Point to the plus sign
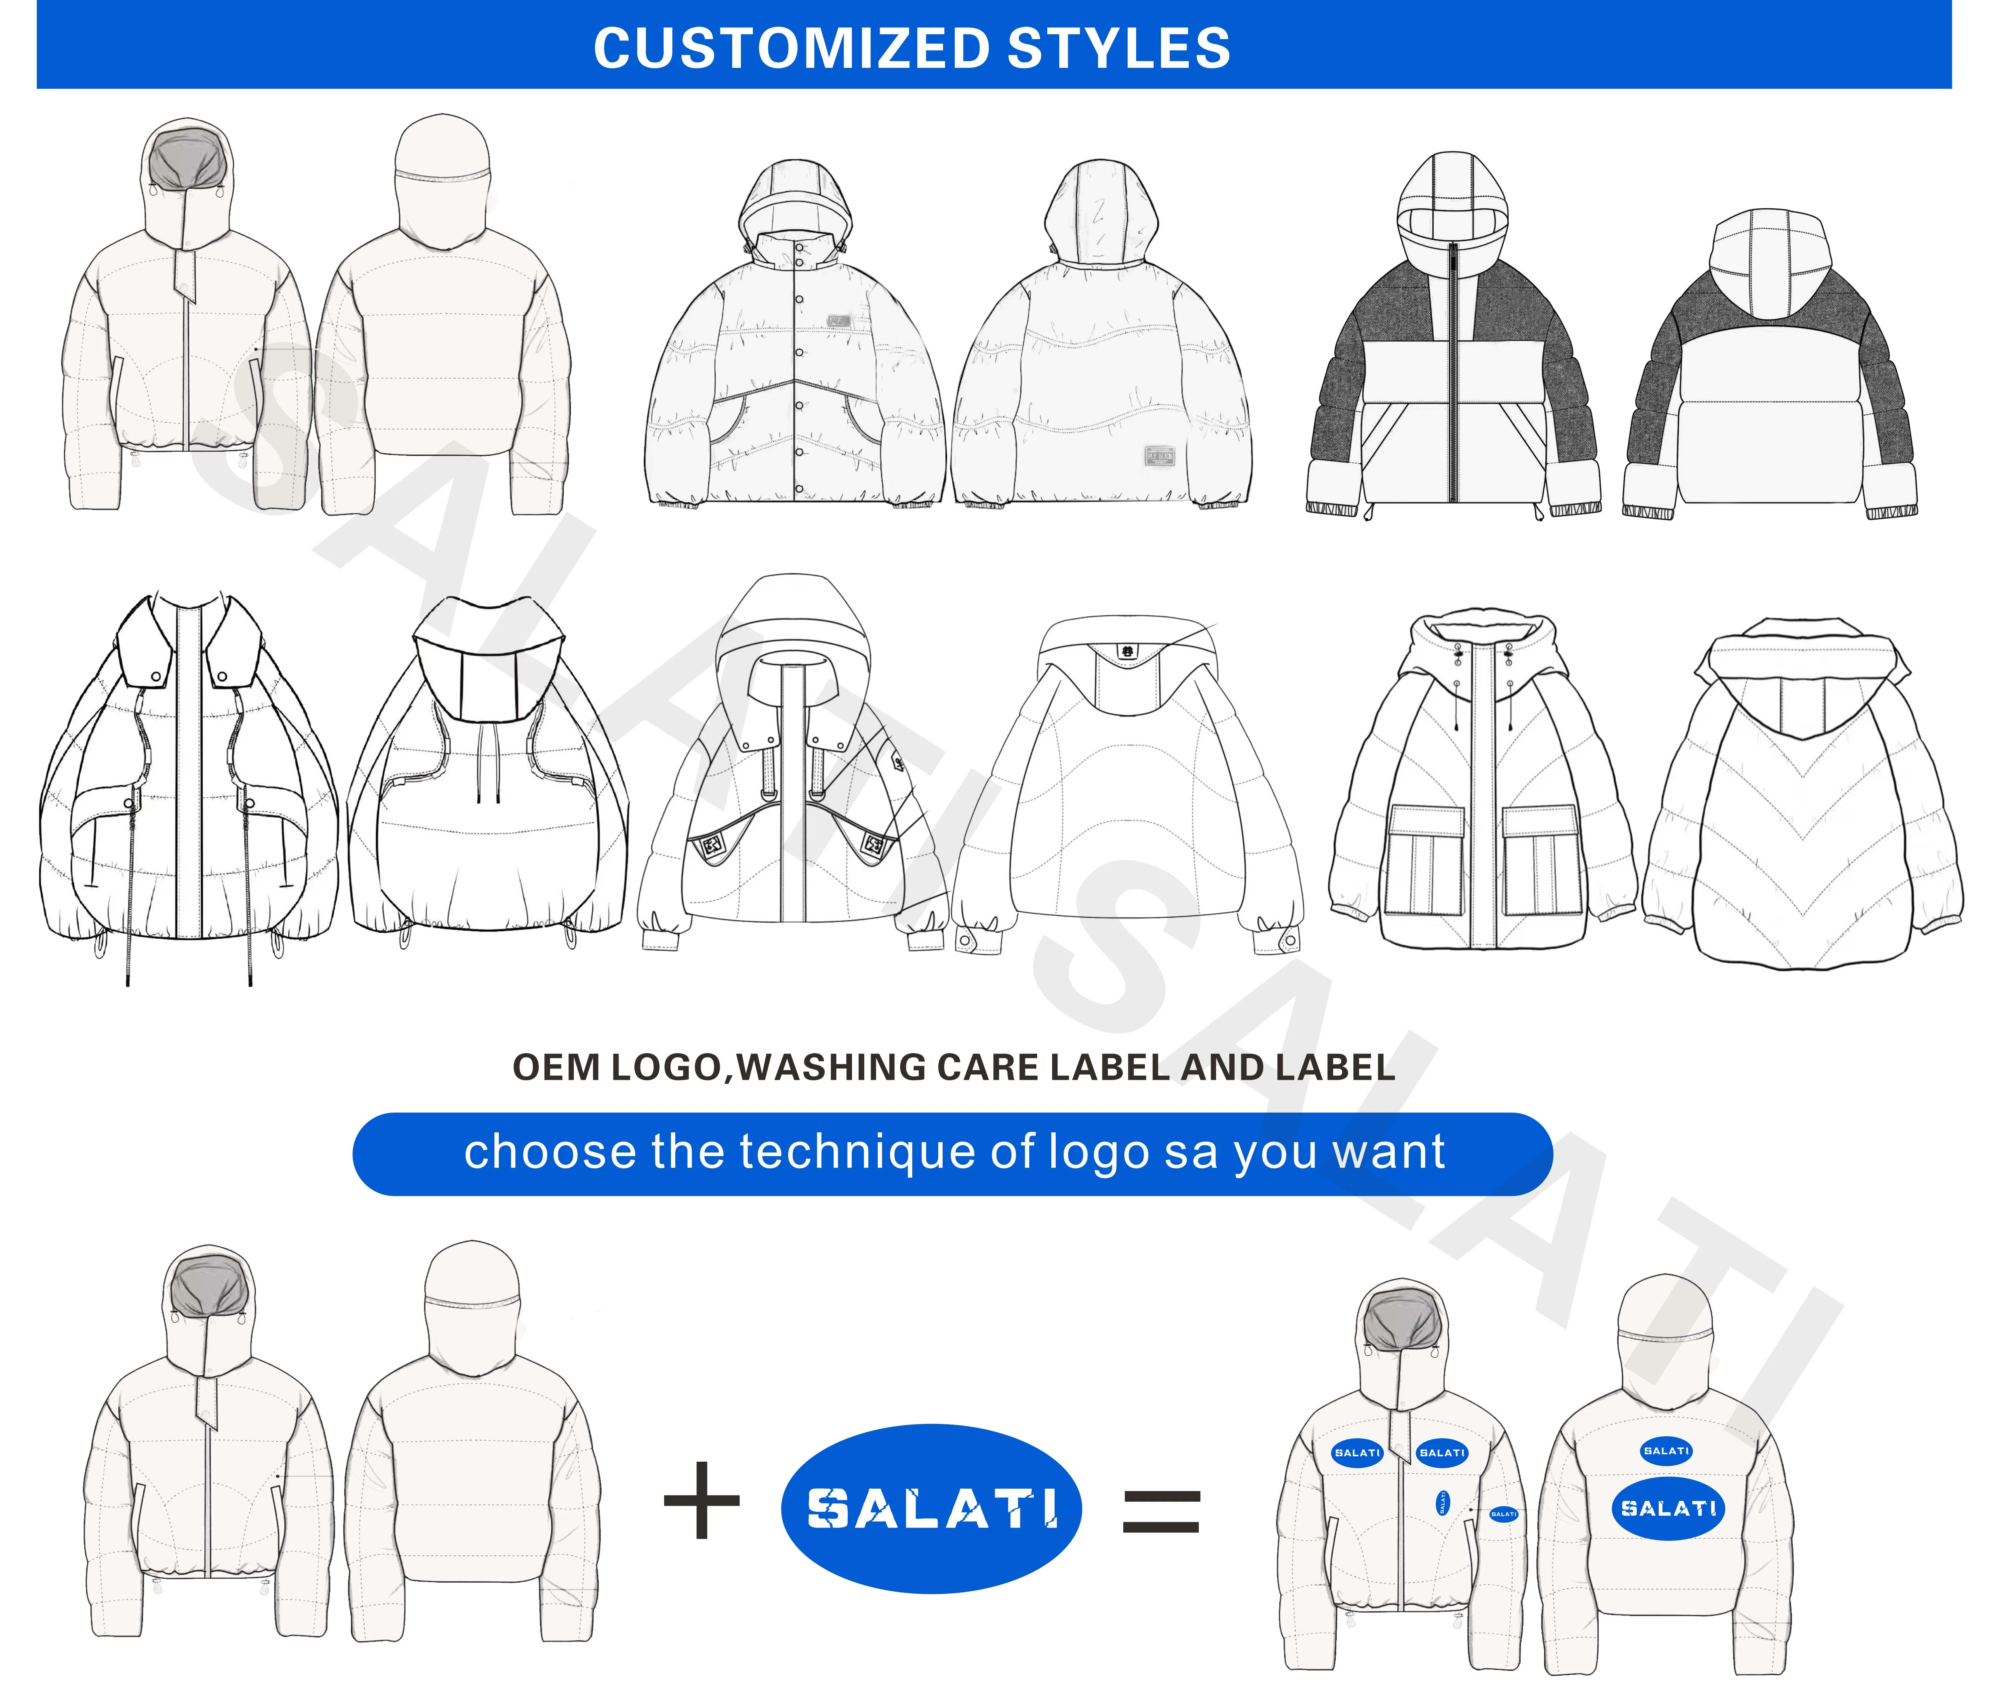[702, 1500]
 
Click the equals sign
[1160, 1512]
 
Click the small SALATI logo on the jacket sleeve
[1503, 1514]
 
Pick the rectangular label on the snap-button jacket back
[1159, 455]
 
